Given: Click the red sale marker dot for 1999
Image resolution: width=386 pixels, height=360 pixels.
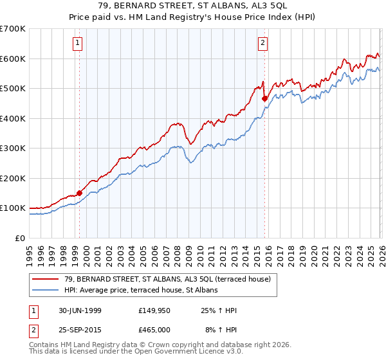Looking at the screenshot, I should (x=80, y=192).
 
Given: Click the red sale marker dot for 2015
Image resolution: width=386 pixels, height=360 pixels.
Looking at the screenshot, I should (x=264, y=98).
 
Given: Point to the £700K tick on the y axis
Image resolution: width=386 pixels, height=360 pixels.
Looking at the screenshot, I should (x=13, y=29).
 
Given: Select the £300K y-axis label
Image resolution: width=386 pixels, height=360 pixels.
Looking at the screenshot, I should (x=13, y=148).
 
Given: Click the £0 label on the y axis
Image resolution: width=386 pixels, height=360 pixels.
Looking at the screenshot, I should (x=21, y=238).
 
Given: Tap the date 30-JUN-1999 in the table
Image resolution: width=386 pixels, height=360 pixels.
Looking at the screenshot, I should (x=78, y=311).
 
